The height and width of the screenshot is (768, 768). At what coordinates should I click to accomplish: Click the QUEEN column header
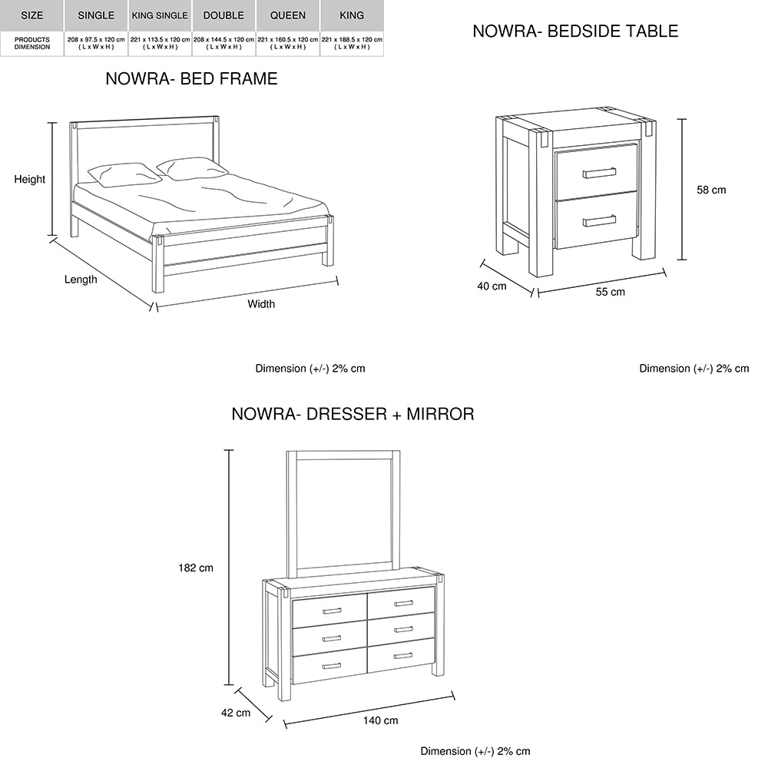tap(288, 15)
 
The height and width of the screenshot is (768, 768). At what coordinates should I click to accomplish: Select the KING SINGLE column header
tap(160, 15)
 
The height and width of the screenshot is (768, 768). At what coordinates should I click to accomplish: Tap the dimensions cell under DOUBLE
tap(223, 42)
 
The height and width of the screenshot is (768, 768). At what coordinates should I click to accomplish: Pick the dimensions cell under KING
tap(352, 42)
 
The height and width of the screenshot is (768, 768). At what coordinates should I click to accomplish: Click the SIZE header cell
tap(32, 15)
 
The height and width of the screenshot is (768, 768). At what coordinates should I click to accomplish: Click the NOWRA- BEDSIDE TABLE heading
tap(575, 31)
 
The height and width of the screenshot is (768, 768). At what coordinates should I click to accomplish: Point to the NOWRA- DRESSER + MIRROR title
tap(353, 415)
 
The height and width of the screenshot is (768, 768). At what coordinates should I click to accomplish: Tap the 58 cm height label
tap(711, 190)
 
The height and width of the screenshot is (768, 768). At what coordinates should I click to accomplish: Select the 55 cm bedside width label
tap(611, 292)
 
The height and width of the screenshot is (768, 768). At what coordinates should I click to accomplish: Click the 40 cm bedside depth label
tap(493, 286)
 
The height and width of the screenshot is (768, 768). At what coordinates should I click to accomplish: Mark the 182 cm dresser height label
tap(195, 568)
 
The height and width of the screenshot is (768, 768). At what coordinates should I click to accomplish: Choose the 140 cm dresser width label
tap(380, 720)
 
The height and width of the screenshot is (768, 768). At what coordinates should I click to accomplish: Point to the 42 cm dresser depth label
tap(236, 713)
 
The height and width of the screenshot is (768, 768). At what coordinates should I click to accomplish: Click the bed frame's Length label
tap(81, 280)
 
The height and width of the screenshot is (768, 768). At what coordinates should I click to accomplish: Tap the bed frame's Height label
tap(30, 180)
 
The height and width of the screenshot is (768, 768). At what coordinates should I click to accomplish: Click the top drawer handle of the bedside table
tap(599, 173)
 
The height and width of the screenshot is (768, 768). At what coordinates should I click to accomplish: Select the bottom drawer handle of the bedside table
tap(599, 221)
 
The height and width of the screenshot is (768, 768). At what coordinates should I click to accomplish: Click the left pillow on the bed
tap(123, 174)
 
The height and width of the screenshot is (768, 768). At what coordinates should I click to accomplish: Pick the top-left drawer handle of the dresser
tap(332, 611)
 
